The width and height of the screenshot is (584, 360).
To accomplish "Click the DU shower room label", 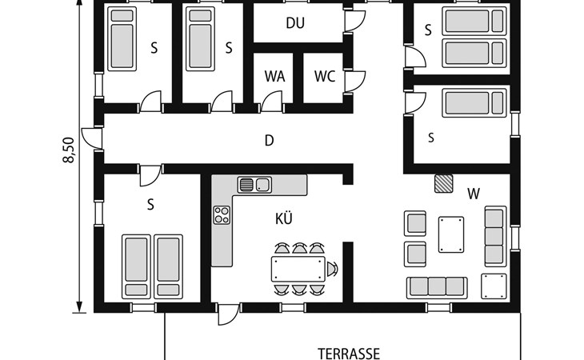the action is (x=295, y=23).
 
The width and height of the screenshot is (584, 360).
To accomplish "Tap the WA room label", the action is (x=275, y=76).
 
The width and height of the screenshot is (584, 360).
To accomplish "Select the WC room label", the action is (x=325, y=76).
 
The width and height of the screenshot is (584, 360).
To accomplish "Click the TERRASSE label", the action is (x=349, y=354).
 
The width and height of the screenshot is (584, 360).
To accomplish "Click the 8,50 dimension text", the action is (x=70, y=150).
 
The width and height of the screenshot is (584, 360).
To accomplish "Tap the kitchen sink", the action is (x=254, y=185).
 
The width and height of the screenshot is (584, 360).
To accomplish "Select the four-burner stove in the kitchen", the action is (x=222, y=215).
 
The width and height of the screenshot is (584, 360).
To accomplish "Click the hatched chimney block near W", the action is (x=443, y=183).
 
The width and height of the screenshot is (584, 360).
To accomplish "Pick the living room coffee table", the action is (x=451, y=234).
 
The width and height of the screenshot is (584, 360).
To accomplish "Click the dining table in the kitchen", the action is (x=298, y=269).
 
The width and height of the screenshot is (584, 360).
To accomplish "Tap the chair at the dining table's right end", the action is (x=332, y=269).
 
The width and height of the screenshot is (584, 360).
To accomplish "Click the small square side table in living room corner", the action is (x=494, y=286).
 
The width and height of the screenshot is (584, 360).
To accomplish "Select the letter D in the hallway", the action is (x=269, y=141).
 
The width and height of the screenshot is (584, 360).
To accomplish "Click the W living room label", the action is (x=474, y=194).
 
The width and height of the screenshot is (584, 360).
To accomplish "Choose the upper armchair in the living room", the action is (x=415, y=224).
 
